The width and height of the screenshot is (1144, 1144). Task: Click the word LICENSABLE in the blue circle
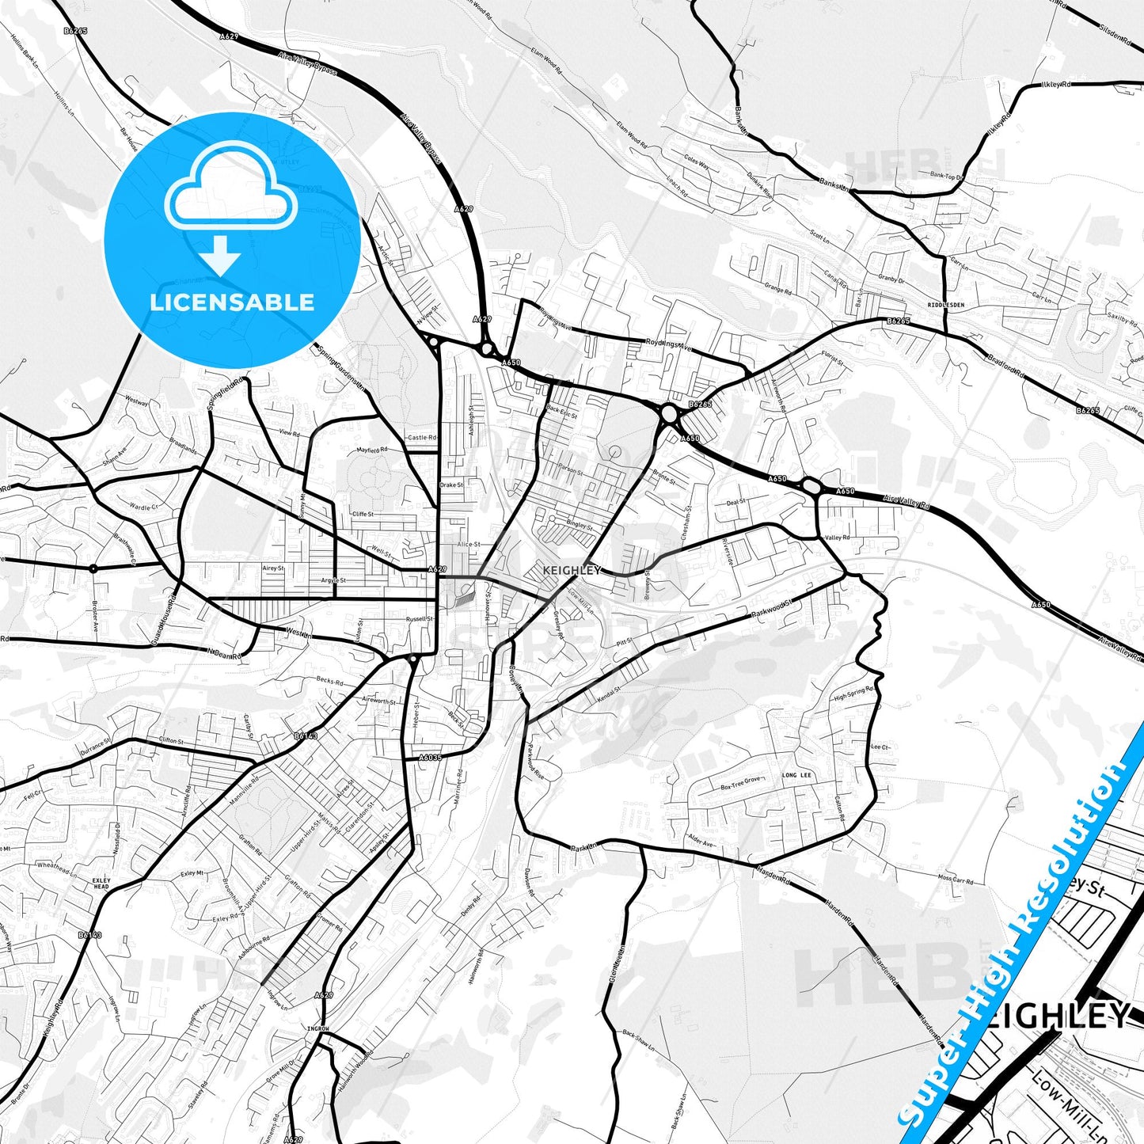tap(232, 302)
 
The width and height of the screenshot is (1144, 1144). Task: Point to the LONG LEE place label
tap(796, 775)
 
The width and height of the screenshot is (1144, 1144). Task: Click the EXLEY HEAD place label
tap(101, 883)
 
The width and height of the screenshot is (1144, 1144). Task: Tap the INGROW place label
tap(317, 1028)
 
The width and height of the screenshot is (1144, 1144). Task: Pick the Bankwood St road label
tap(771, 612)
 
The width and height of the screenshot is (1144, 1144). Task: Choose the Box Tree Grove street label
tap(740, 783)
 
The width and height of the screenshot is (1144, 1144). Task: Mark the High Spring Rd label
tap(853, 694)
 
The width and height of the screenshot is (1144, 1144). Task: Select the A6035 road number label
tap(430, 757)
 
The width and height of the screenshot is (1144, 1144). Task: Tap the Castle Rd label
tap(421, 437)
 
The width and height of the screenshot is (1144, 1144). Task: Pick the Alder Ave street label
tap(701, 841)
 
